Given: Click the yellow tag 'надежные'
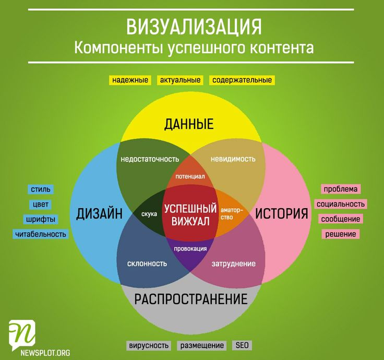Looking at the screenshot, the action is click(130, 80).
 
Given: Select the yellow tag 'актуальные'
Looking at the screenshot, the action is click(180, 80).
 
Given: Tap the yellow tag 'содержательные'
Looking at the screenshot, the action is click(242, 80).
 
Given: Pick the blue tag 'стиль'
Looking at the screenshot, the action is click(41, 189).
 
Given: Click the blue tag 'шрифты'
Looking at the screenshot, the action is click(41, 219).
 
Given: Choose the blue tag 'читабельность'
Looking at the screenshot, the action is click(41, 234).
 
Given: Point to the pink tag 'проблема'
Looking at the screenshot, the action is click(341, 189).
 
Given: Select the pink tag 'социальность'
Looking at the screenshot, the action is click(341, 204).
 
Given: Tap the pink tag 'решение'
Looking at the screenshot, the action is click(341, 234).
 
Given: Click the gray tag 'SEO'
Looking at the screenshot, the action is click(242, 345).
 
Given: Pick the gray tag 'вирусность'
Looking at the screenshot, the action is click(149, 345).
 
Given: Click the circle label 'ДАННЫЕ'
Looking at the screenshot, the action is click(189, 124).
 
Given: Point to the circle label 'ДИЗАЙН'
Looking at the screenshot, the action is click(100, 213).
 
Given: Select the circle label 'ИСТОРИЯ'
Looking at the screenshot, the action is click(281, 213).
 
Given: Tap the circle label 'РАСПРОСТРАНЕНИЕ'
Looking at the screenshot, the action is click(191, 299).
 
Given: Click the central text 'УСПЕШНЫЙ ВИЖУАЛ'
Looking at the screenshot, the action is click(190, 215).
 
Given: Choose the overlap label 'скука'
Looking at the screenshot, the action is click(149, 214).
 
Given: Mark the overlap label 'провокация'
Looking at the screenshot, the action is click(190, 249).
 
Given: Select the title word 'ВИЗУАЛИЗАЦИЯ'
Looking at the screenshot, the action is click(194, 27).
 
